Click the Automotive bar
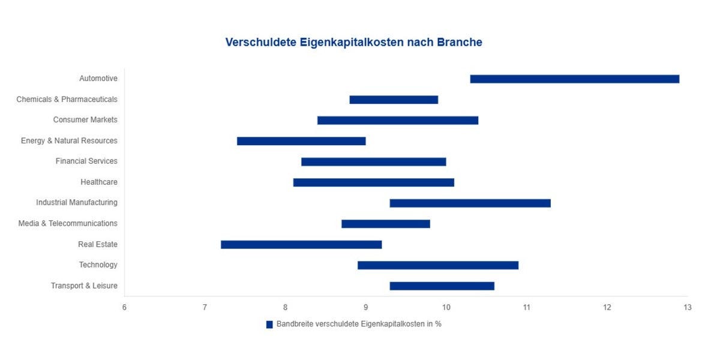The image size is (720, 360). (x=574, y=79)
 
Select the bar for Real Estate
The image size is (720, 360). (x=301, y=244)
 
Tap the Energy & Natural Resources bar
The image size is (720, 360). (x=301, y=141)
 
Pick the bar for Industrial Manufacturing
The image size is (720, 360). (x=470, y=203)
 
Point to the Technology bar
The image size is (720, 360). (x=438, y=265)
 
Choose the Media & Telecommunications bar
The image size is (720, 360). (x=386, y=224)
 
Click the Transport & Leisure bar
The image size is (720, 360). (x=442, y=286)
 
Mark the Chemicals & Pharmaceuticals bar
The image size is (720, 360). (x=394, y=100)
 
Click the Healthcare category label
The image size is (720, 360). (x=99, y=182)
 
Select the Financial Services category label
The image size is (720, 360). (x=86, y=161)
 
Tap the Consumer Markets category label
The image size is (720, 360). (x=85, y=119)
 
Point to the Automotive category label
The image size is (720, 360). (x=98, y=78)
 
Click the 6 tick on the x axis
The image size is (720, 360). (x=124, y=307)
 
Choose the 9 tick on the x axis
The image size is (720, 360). (x=365, y=307)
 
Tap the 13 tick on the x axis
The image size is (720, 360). (x=687, y=307)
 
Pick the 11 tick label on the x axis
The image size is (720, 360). (x=526, y=307)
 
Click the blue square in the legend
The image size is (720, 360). (x=269, y=324)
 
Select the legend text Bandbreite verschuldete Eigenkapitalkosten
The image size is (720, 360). (x=359, y=324)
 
